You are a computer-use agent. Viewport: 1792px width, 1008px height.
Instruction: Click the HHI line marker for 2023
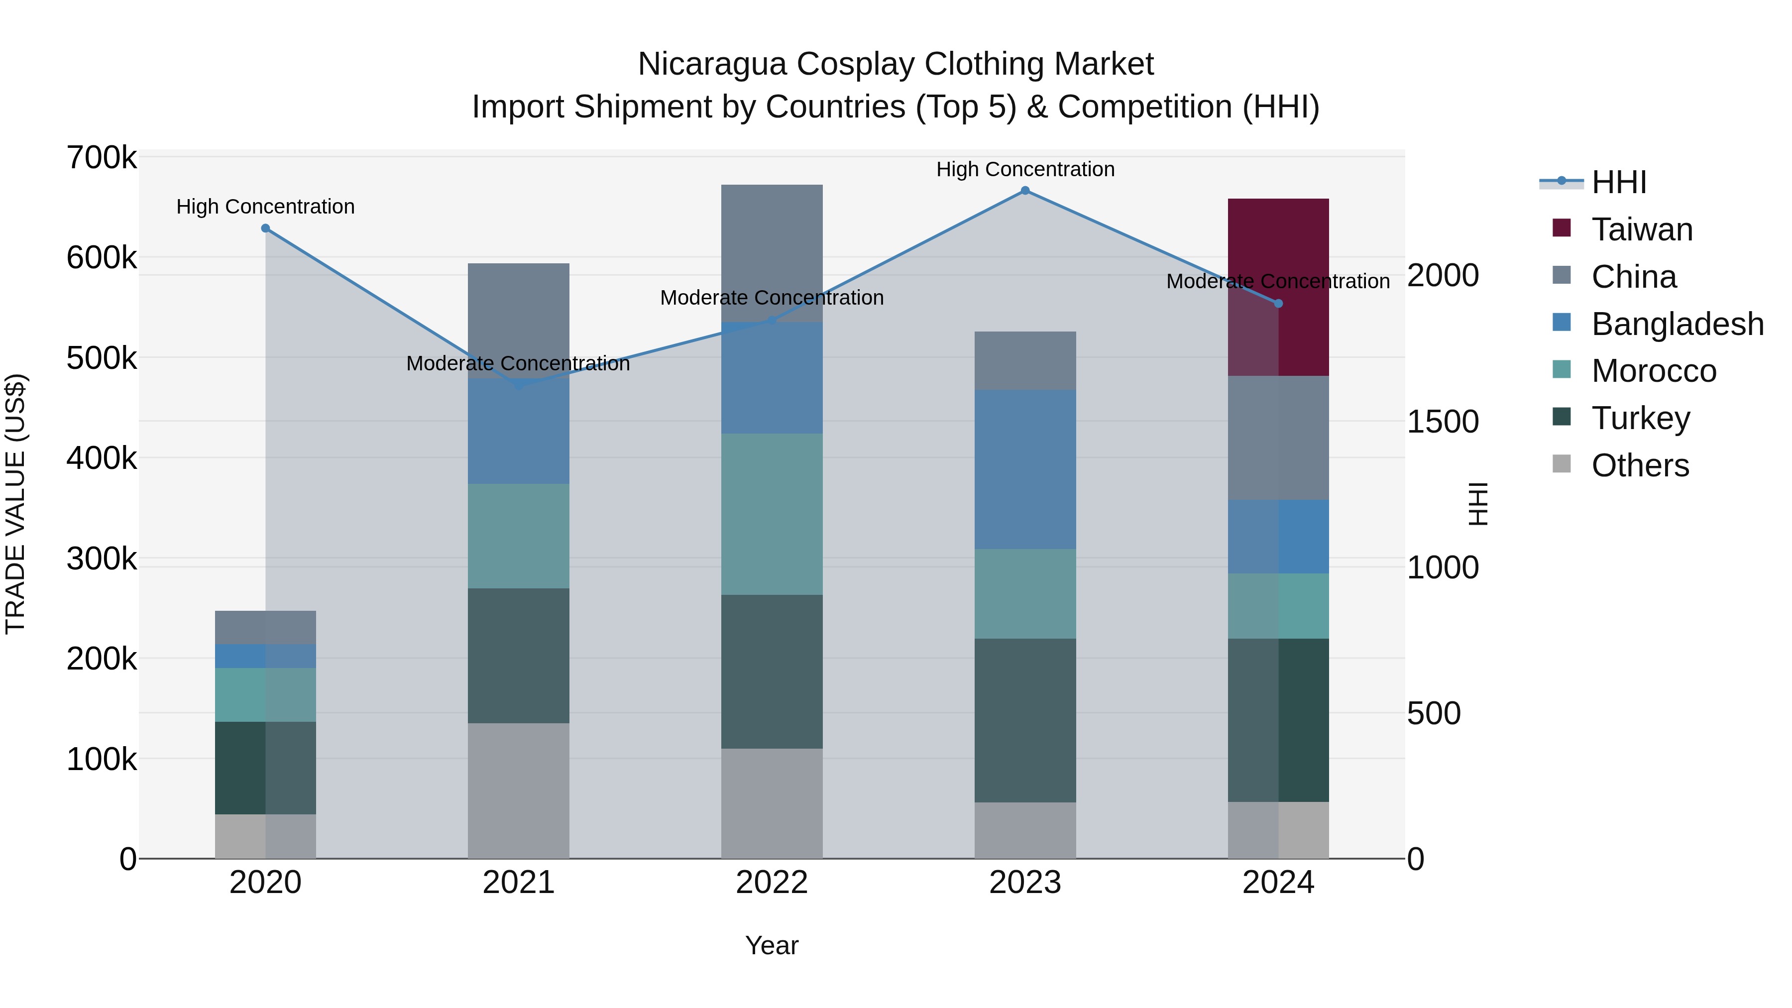tap(1025, 191)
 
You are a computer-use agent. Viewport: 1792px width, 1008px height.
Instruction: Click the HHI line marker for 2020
tap(265, 228)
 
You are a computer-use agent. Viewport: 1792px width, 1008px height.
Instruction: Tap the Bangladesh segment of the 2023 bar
tap(1025, 469)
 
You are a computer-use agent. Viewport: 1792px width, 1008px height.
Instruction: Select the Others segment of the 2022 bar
tap(772, 803)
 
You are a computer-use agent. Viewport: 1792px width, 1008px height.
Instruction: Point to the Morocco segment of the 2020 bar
tap(265, 694)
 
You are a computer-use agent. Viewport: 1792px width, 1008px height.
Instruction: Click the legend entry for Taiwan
tap(1642, 229)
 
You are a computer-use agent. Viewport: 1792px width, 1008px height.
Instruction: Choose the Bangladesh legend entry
tap(1677, 324)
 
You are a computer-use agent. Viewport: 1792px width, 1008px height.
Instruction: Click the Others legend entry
tap(1640, 465)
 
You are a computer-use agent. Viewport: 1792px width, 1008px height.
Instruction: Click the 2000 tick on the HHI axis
tap(1443, 275)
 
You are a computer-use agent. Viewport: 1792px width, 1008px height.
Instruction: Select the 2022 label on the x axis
tap(772, 883)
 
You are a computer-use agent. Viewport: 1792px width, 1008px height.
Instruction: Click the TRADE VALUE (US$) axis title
tap(15, 504)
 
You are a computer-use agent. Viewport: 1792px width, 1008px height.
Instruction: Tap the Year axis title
tap(772, 945)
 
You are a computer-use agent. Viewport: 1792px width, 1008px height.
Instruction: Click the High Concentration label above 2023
tap(1025, 169)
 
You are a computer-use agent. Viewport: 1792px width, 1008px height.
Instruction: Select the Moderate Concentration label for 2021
tap(518, 363)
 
